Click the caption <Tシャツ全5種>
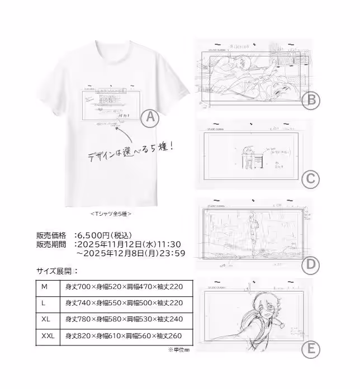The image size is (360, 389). tap(111, 213)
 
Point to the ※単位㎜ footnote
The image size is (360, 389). tap(178, 350)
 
